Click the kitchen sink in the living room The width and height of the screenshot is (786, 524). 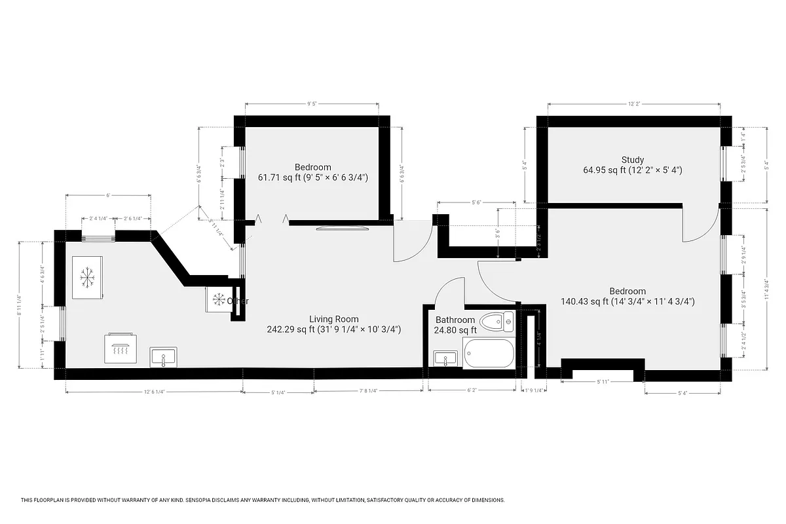(x=163, y=358)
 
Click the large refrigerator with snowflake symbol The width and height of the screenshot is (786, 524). (x=86, y=277)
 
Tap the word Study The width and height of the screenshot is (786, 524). (x=633, y=160)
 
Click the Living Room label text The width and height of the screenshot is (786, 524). (x=334, y=319)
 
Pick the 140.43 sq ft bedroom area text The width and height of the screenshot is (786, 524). (x=583, y=302)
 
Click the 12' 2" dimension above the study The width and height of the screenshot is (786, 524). (x=633, y=103)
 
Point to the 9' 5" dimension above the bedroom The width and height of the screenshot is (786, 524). (x=312, y=103)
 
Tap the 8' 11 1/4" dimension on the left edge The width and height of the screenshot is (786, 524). (x=20, y=305)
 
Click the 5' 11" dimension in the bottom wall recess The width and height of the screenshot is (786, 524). (x=603, y=381)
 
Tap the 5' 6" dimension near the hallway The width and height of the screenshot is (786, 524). (x=476, y=203)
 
